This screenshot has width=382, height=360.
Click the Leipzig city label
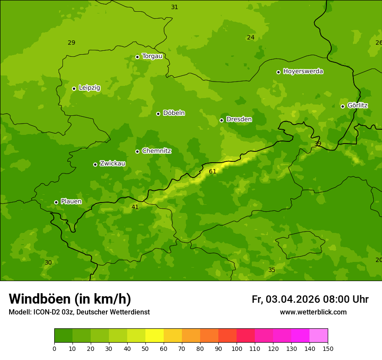point(89,88)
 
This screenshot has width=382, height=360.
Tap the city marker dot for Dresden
point(221,120)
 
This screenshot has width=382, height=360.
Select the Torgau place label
point(152,56)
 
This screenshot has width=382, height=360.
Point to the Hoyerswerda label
point(303,72)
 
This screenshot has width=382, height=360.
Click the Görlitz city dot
point(342,106)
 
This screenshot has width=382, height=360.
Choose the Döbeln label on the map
point(174,113)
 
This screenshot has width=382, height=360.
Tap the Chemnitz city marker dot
point(137,151)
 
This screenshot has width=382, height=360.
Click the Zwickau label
point(112,164)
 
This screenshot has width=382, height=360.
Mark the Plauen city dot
point(56,202)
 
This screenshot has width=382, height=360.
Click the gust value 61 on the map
point(212,172)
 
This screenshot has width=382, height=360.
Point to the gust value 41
point(135,207)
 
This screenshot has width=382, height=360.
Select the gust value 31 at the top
point(175,7)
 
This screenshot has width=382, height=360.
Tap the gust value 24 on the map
point(250,38)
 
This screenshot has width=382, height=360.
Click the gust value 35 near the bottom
point(272,270)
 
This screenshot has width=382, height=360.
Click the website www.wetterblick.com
point(313,312)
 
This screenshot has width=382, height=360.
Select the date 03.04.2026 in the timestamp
point(293,299)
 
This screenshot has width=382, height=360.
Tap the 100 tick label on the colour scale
point(237,348)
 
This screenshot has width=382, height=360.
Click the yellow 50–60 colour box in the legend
point(155,336)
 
